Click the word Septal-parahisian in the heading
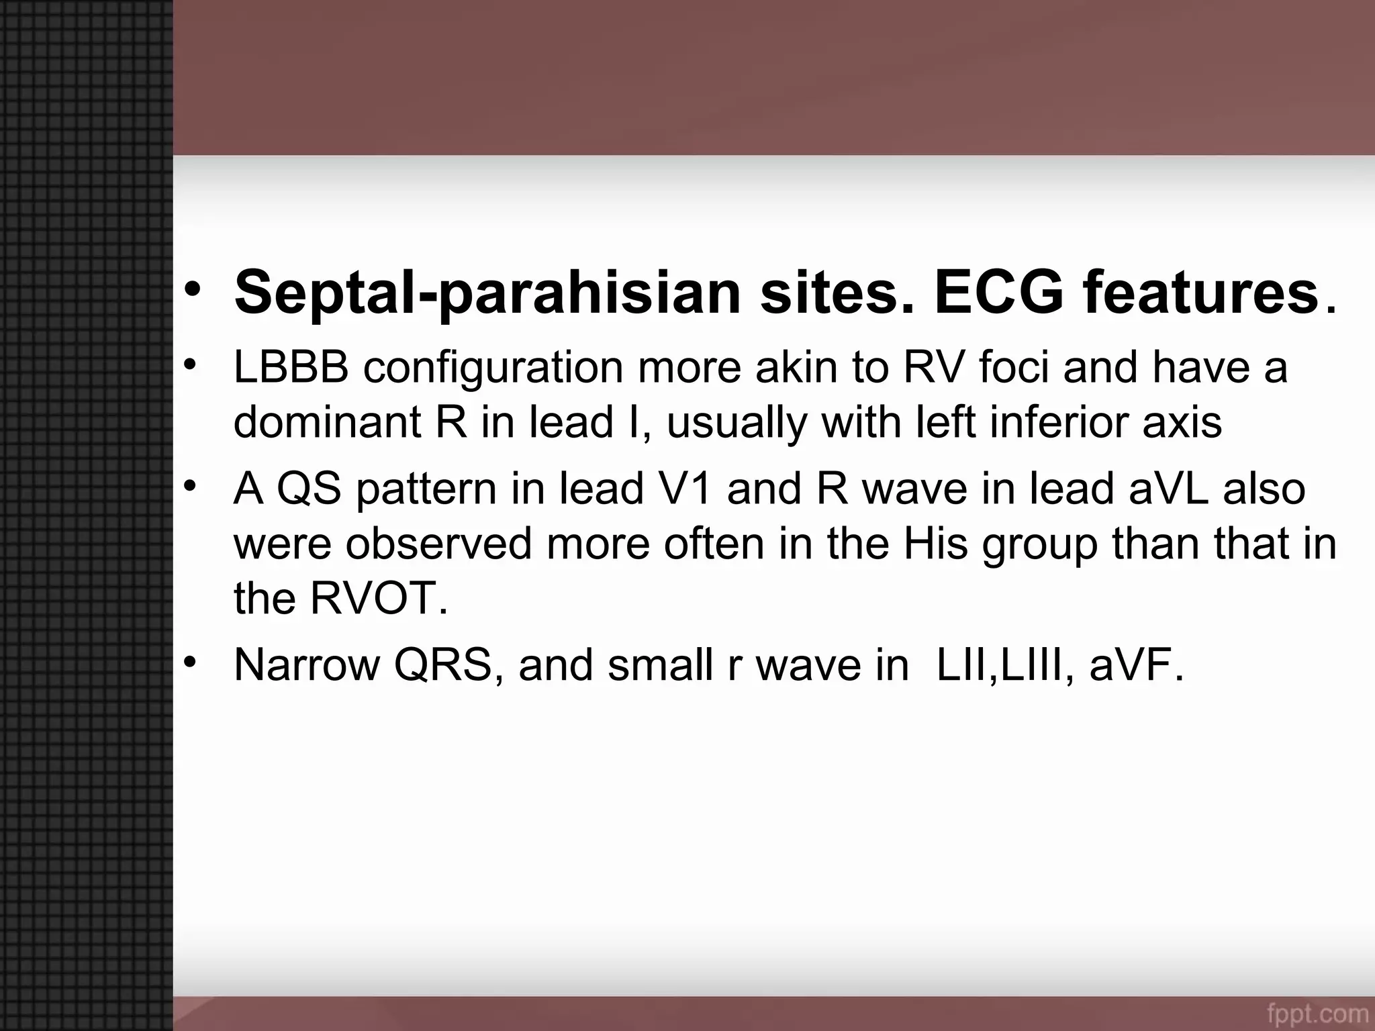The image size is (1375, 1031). tap(487, 292)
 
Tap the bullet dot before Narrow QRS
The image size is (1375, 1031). tap(191, 662)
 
